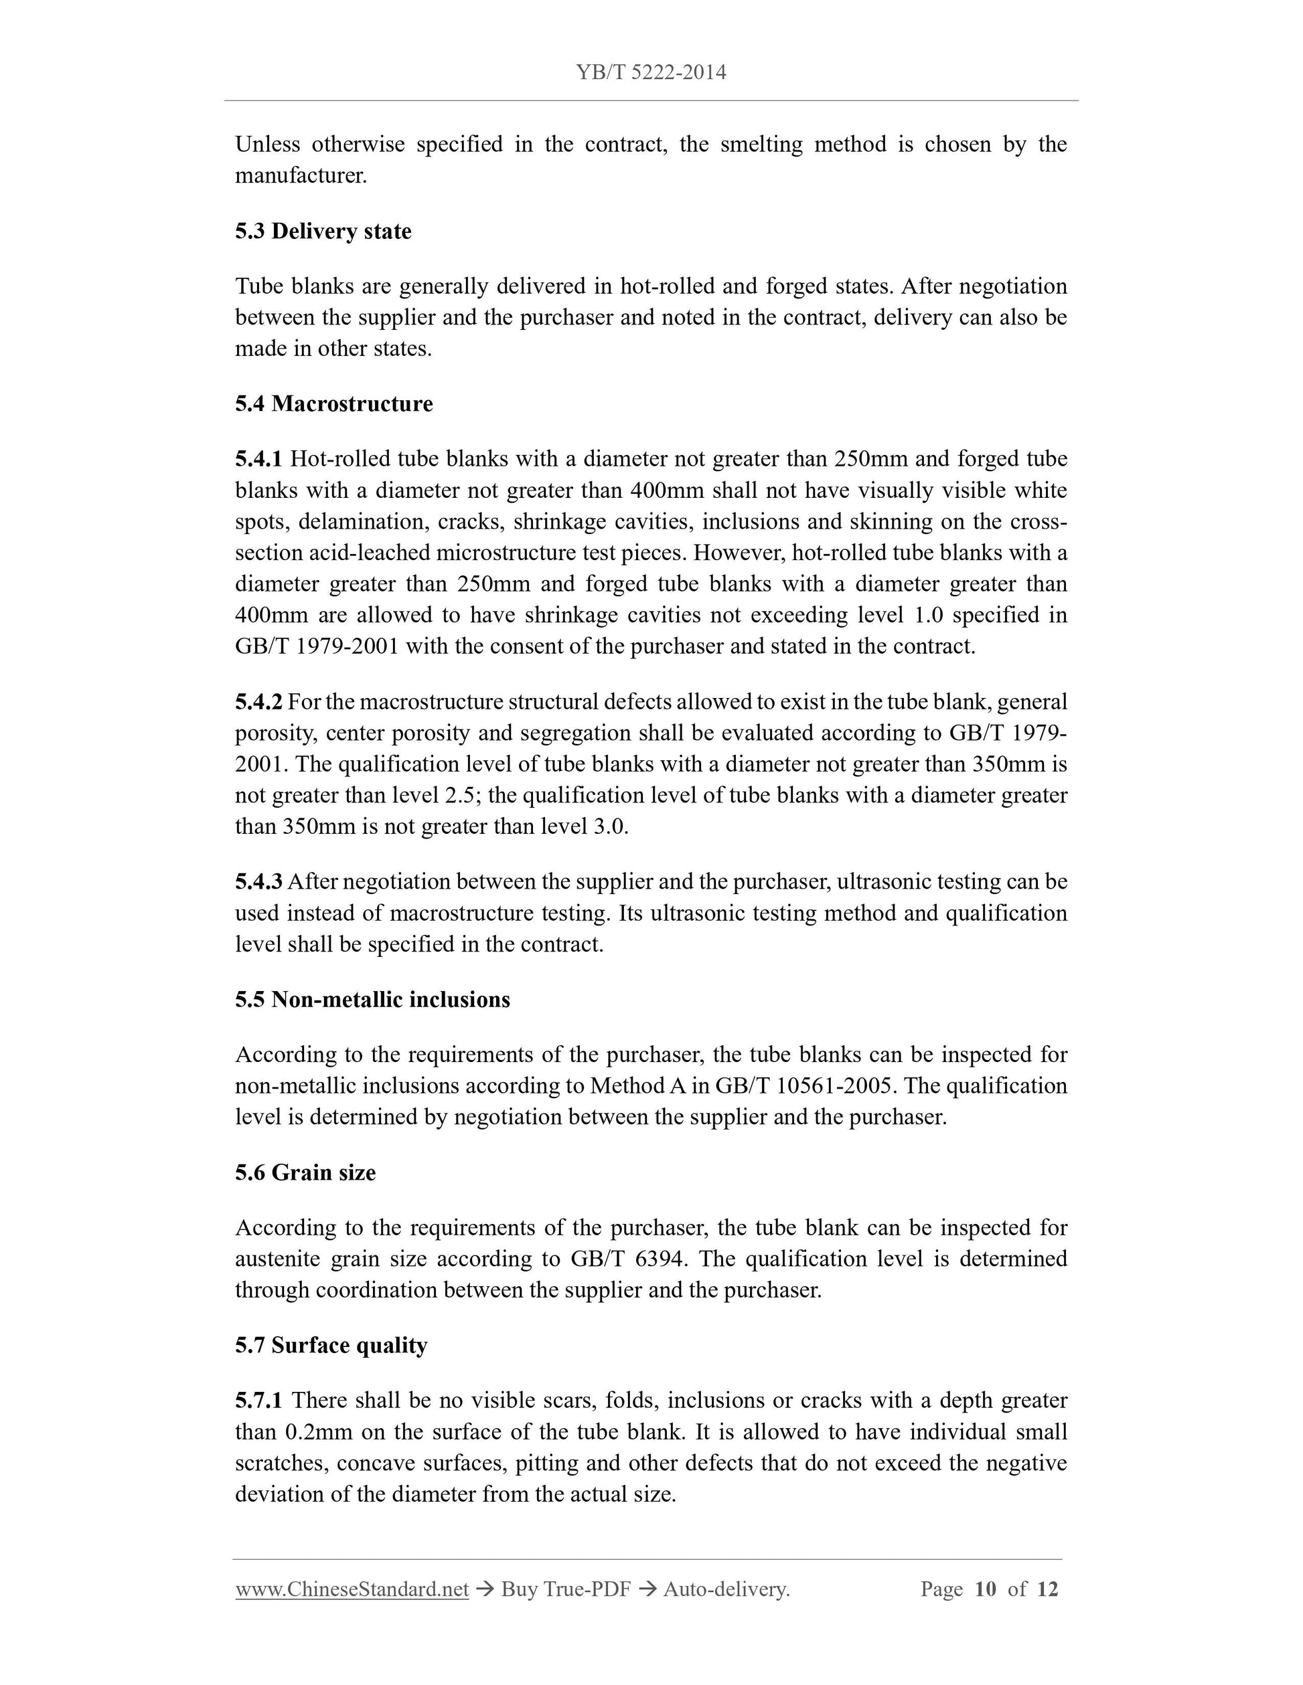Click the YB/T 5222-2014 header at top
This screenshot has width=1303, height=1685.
651,72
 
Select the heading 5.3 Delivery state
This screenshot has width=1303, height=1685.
323,232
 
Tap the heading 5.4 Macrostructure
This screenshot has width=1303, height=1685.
333,404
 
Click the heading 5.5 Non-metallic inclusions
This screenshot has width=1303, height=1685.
372,1000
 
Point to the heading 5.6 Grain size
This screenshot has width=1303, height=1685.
305,1172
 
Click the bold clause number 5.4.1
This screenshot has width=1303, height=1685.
258,459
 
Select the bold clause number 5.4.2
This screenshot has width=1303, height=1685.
258,702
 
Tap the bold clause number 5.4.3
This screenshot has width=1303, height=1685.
258,881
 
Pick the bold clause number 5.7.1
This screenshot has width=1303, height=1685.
258,1401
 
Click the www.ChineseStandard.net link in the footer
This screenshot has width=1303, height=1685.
352,1589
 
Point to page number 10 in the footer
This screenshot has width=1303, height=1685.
985,1589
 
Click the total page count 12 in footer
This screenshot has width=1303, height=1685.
1047,1589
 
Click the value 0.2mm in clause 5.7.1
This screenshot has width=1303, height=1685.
318,1432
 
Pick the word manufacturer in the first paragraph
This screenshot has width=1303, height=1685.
300,176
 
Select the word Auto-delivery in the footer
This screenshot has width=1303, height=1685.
726,1589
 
